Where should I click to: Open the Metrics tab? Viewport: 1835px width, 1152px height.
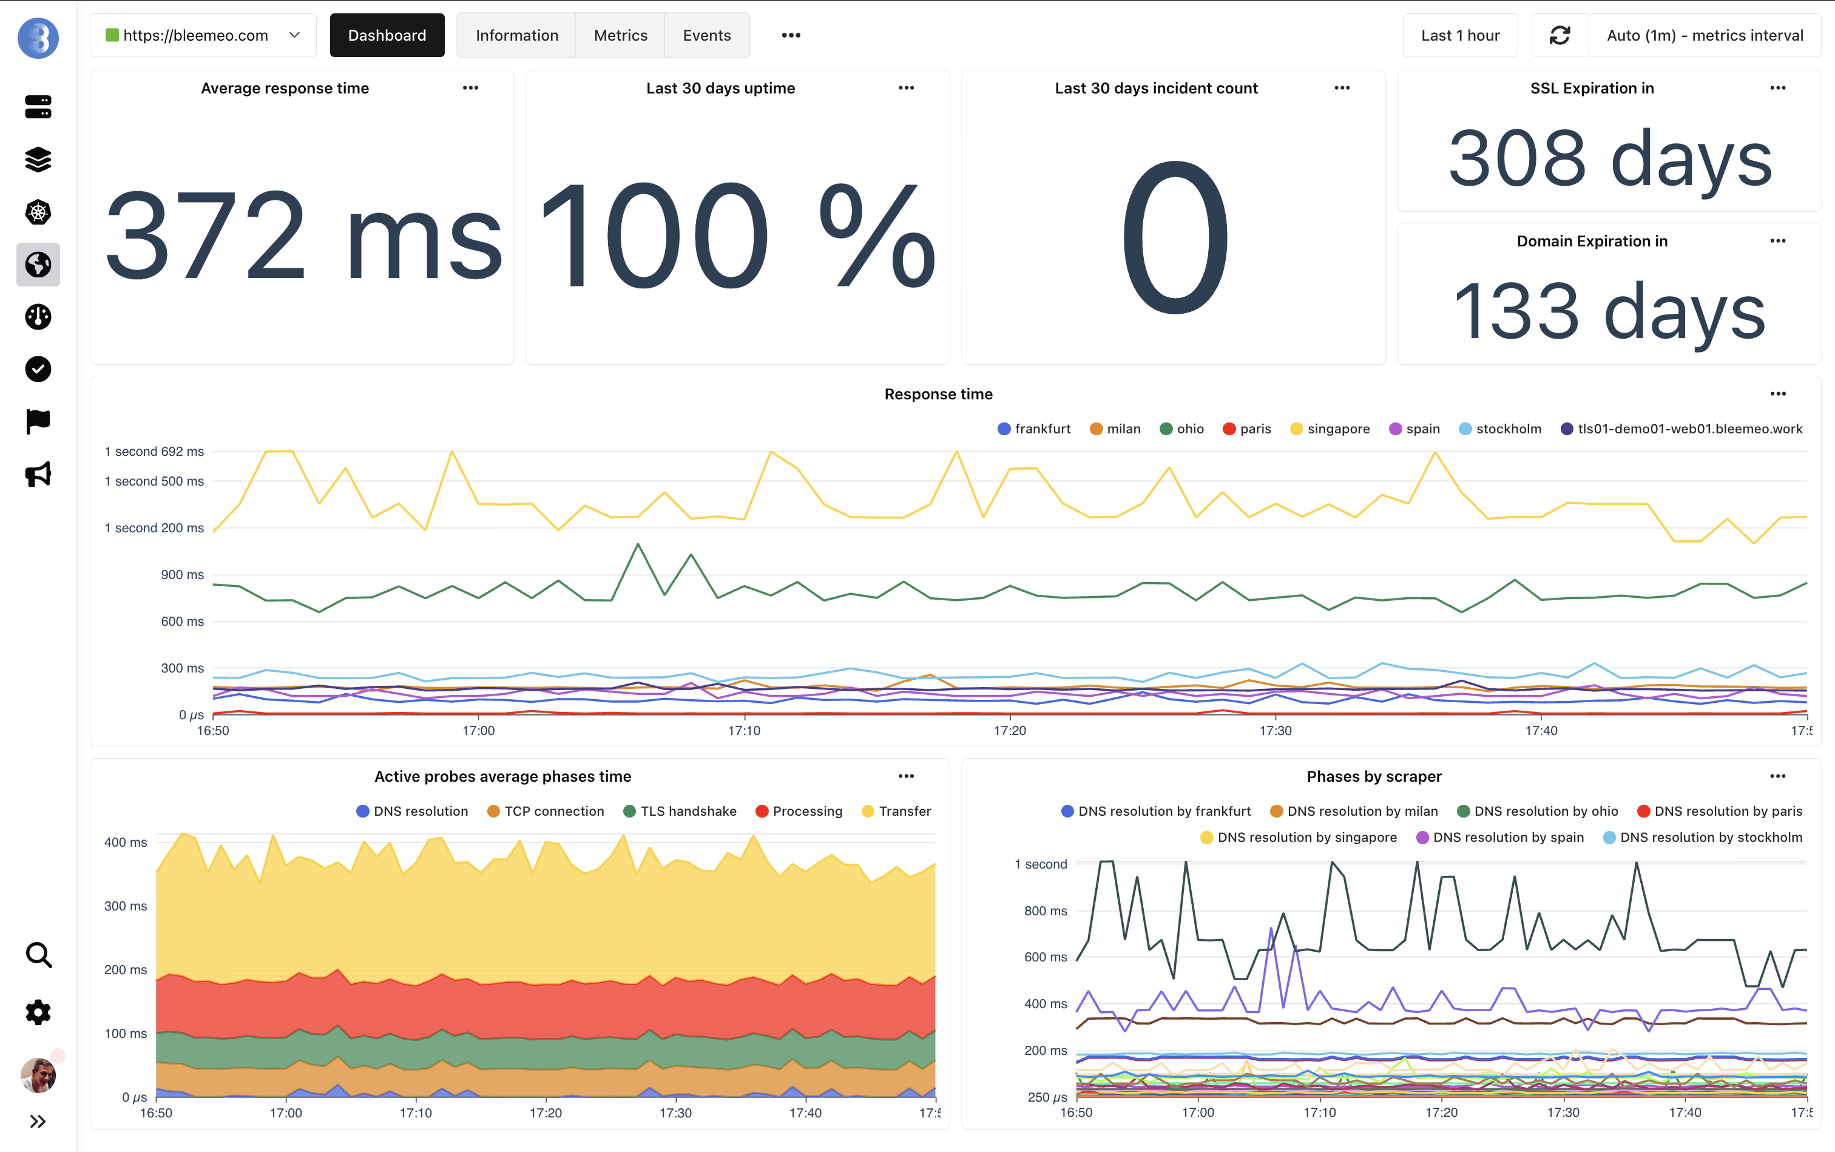click(x=620, y=35)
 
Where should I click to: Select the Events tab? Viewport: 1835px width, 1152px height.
click(x=706, y=35)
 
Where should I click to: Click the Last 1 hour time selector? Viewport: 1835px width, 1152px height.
click(x=1459, y=35)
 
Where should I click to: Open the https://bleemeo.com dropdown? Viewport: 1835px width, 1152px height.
click(x=203, y=35)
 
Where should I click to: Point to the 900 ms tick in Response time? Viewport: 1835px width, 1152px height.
click(x=182, y=574)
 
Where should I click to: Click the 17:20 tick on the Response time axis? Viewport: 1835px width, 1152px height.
click(x=1009, y=731)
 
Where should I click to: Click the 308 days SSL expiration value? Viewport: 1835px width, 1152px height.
click(x=1609, y=158)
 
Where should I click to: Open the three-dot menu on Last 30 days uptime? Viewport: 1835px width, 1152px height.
click(x=906, y=89)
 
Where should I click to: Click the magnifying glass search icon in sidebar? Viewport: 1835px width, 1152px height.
click(x=38, y=955)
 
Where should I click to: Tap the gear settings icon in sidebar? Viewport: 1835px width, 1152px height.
click(x=38, y=1012)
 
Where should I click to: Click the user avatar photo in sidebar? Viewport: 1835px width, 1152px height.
click(x=38, y=1075)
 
